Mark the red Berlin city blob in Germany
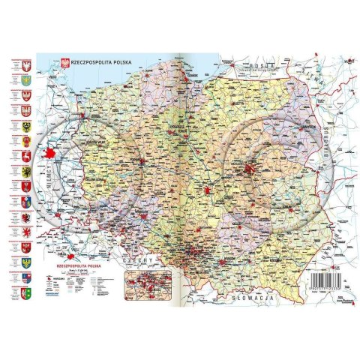51,154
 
